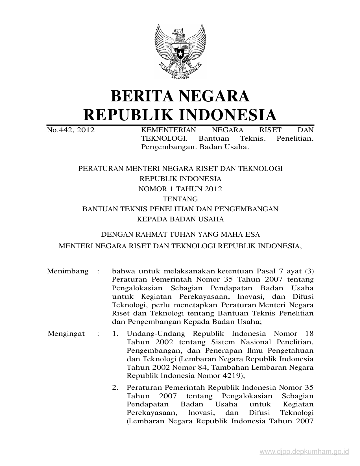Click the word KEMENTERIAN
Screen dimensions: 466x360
click(x=168, y=130)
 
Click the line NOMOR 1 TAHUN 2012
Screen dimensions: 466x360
click(x=180, y=189)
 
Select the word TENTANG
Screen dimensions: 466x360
click(x=180, y=199)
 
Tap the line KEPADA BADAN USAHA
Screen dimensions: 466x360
click(x=180, y=219)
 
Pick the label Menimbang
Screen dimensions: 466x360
click(x=68, y=271)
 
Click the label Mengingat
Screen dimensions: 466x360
click(x=66, y=334)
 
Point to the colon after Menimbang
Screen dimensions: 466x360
click(x=98, y=271)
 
